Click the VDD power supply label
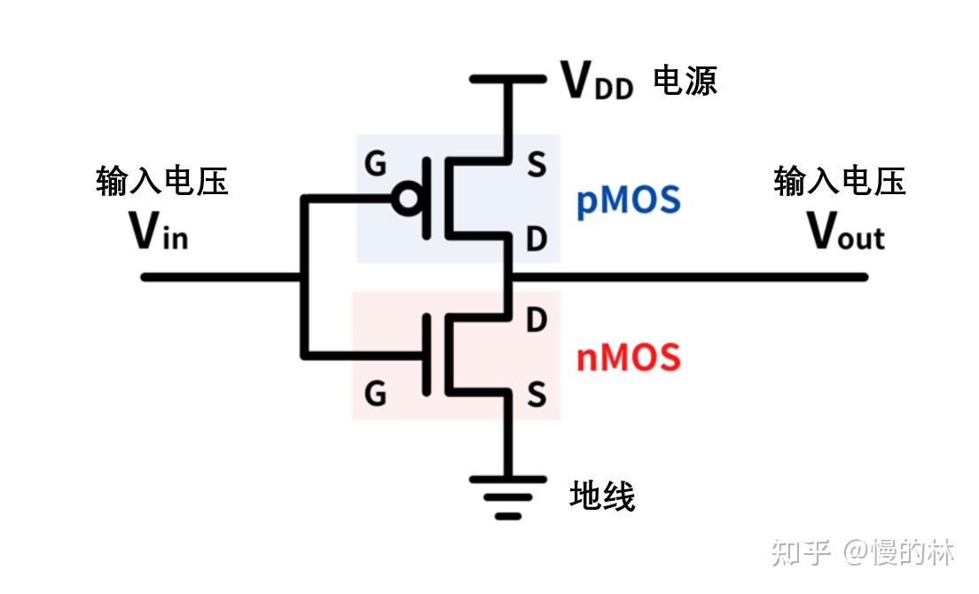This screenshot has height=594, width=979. [x=597, y=82]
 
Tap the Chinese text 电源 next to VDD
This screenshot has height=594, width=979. [x=685, y=81]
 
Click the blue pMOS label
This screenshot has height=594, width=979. [x=628, y=201]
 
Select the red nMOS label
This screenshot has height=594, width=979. [x=628, y=358]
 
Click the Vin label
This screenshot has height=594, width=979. [x=159, y=232]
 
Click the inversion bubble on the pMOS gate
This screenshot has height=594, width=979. [x=406, y=200]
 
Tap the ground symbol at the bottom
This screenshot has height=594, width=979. [x=508, y=496]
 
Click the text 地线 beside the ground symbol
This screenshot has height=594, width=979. [x=602, y=496]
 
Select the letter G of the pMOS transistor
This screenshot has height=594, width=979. [x=376, y=164]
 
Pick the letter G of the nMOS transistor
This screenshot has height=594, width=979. [x=376, y=394]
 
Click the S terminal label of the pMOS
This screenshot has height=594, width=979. [x=536, y=165]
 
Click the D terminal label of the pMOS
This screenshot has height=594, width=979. [x=536, y=238]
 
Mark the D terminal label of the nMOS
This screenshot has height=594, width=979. [x=536, y=321]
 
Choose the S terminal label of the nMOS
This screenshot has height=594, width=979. [x=536, y=394]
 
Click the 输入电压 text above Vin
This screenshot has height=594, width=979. [x=162, y=182]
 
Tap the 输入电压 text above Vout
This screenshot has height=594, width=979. [x=840, y=182]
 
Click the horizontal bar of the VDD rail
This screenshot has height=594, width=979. [x=508, y=79]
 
